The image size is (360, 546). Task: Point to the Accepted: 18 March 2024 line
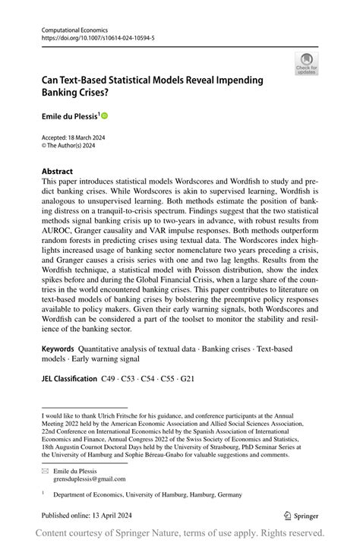(x=73, y=137)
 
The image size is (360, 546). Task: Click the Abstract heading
(x=57, y=172)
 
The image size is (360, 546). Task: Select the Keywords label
(x=62, y=348)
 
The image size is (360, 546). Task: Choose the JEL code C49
(x=110, y=378)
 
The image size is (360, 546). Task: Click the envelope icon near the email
(x=46, y=471)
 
